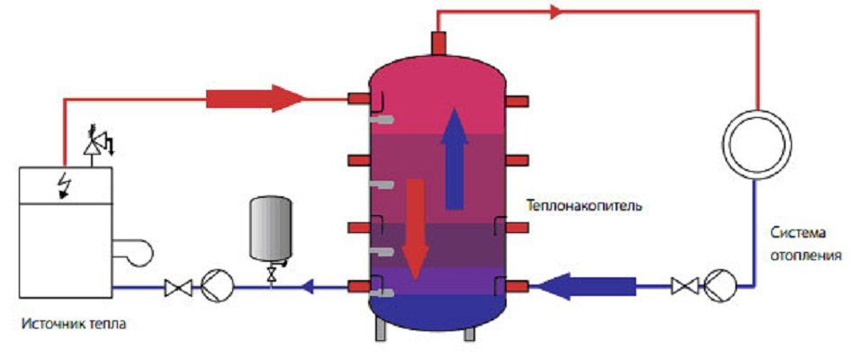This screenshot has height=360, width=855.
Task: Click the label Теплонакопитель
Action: point(584,205)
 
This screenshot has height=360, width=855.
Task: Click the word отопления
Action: point(805,254)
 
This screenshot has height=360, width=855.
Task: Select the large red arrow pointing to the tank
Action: point(256,96)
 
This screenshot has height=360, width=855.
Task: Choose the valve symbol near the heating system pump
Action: point(685,287)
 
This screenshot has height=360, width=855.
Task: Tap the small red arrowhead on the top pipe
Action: point(554,12)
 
